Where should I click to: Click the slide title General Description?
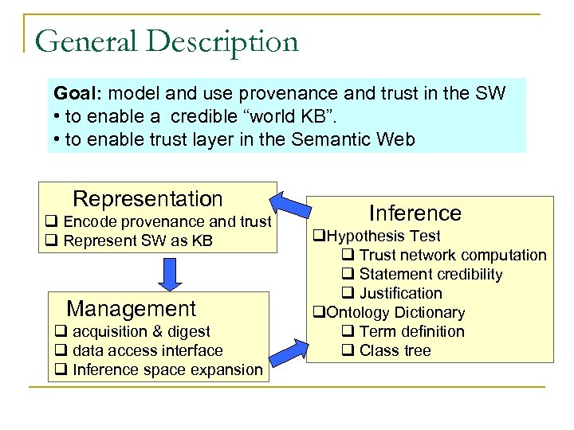[167, 41]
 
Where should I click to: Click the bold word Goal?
[77, 93]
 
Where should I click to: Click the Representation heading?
[147, 198]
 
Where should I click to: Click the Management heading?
[131, 308]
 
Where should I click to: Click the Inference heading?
[415, 213]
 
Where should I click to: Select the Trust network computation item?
[444, 255]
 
